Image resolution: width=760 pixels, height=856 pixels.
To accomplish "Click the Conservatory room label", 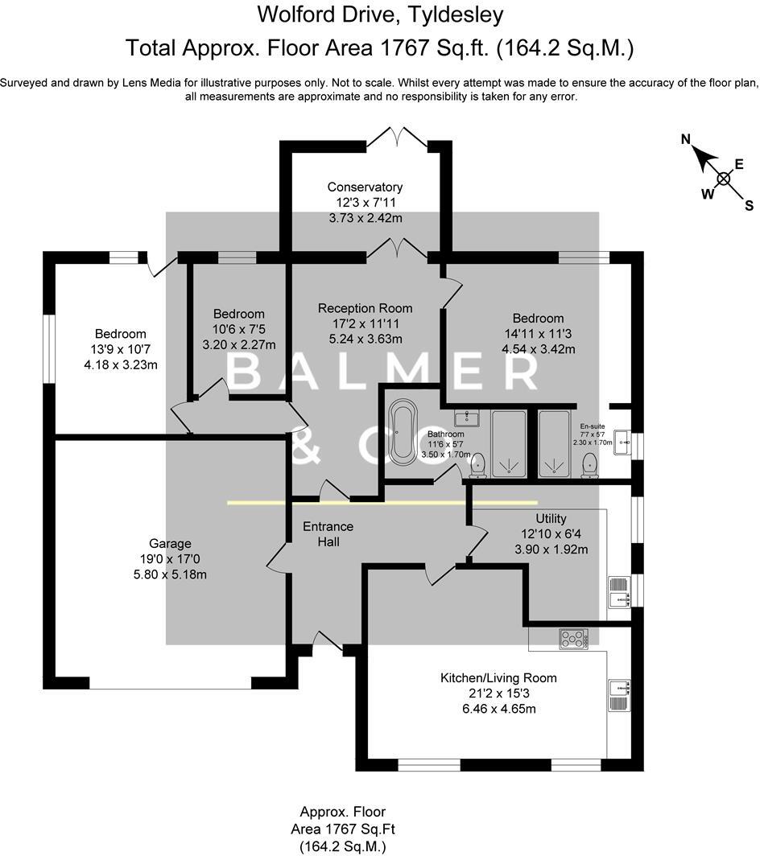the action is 365,187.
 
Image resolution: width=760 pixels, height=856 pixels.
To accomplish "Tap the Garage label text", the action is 170,543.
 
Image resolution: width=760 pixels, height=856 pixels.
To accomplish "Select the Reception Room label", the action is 365,308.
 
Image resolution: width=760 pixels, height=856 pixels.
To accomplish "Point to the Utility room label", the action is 551,518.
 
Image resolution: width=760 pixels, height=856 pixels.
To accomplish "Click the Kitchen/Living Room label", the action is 498,678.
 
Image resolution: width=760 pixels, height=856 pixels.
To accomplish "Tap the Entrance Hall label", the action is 328,534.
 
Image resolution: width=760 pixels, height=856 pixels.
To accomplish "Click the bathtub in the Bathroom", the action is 404,430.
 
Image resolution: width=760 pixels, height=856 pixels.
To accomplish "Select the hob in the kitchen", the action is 573,639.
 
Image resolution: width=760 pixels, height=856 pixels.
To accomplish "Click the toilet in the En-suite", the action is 589,465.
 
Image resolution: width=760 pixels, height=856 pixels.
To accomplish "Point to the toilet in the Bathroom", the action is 477,465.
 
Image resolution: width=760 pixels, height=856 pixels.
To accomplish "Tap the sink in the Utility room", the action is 620,592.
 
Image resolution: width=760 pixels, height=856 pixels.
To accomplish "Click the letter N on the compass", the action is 686,139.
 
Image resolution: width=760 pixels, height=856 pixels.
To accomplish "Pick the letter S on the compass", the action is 749,206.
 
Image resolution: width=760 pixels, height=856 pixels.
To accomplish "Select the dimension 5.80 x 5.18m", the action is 170,574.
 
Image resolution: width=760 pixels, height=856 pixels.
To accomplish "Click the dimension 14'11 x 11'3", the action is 537,334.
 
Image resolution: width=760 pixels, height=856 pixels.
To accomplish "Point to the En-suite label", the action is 593,426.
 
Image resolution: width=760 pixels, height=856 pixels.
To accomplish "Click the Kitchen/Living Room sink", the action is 620,695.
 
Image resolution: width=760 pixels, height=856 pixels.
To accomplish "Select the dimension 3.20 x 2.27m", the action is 239,345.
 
